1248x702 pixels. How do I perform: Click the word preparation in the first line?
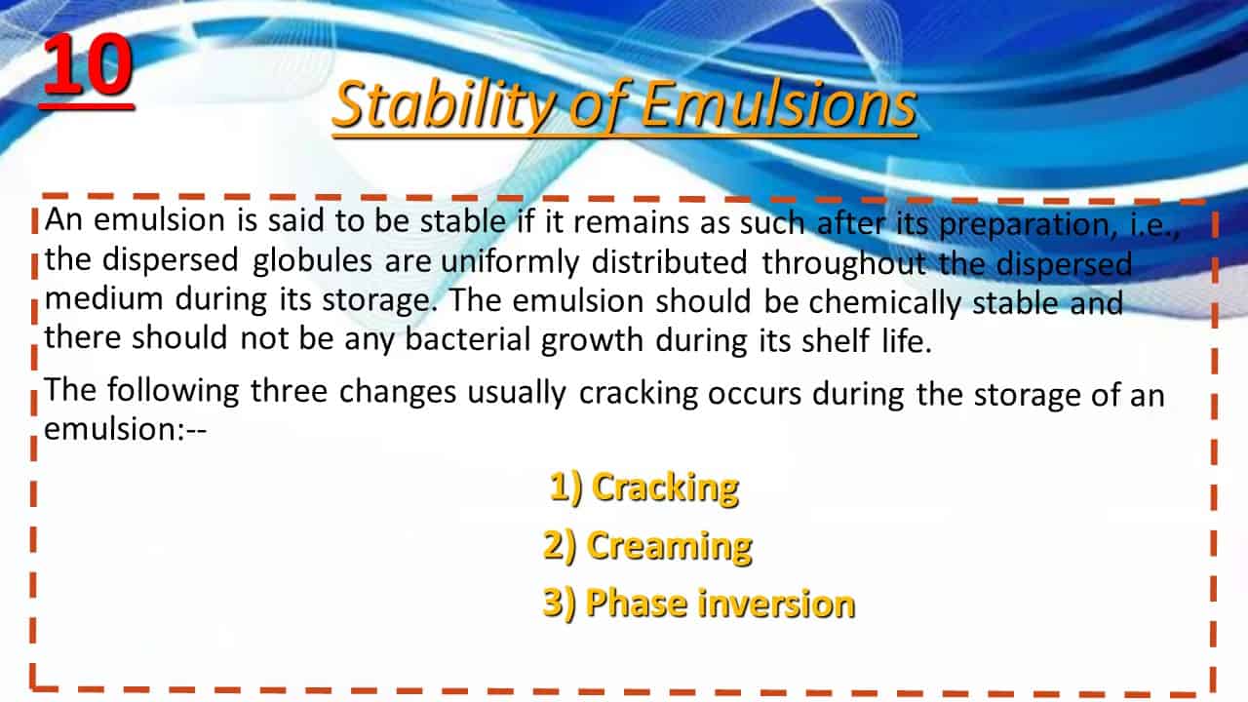1028,224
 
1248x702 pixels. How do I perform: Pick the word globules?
312,261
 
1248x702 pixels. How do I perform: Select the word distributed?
669,262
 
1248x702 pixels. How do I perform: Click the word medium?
103,298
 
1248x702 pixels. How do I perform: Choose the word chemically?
884,303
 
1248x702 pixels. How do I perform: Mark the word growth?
592,340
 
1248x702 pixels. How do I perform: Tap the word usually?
517,393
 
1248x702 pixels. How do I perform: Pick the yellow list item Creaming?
647,547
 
